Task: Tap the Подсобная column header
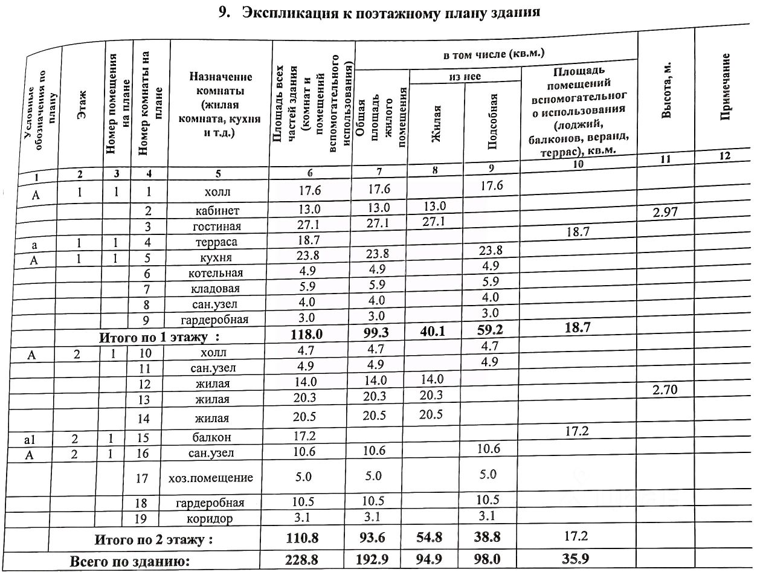tap(492, 121)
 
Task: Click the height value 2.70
tap(665, 390)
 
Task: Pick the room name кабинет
tap(217, 211)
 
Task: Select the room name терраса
tap(217, 242)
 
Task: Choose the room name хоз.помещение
tap(210, 478)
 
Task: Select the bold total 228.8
tap(303, 559)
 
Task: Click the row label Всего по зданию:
tap(130, 561)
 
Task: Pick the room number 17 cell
tap(142, 478)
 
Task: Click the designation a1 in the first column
tap(30, 440)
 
